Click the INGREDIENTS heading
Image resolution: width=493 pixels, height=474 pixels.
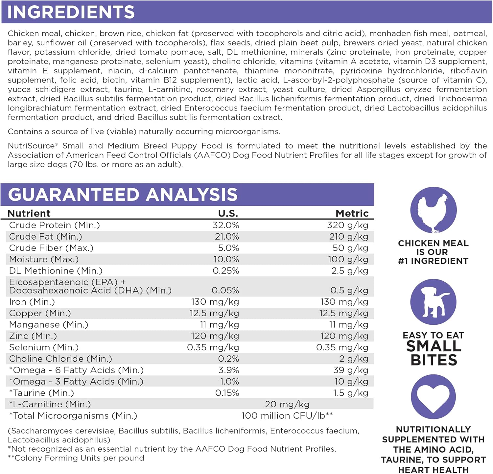(71, 12)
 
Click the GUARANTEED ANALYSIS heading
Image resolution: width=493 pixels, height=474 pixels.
(123, 194)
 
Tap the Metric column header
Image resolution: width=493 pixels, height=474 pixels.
(352, 213)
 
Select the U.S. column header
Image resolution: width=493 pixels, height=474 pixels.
(228, 213)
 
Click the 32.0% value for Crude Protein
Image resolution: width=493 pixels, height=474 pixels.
(226, 225)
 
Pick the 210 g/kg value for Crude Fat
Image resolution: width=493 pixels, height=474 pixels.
(348, 237)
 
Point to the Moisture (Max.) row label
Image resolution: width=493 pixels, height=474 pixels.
(44, 259)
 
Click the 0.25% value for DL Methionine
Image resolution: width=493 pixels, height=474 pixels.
(226, 271)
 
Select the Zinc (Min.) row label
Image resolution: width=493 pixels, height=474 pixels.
(33, 336)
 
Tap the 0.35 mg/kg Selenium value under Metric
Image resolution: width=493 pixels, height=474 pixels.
(342, 347)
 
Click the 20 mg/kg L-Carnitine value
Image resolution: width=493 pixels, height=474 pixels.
(287, 404)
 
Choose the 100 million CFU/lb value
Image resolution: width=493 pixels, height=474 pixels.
(287, 416)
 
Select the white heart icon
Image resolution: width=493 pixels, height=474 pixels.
(433, 397)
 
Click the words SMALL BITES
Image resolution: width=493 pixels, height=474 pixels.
(434, 353)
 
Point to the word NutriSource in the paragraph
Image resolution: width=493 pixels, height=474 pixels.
(31, 146)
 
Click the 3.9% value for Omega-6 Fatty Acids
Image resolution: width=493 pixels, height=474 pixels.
(228, 370)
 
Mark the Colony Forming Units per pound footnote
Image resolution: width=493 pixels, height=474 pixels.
(76, 458)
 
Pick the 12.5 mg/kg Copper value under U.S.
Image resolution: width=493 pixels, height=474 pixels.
(214, 313)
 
